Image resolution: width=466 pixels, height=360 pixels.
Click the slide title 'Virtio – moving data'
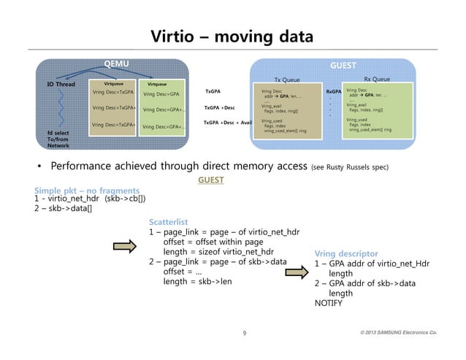[232, 36]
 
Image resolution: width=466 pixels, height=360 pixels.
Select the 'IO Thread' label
[61, 84]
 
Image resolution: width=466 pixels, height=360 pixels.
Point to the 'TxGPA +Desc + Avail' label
[227, 123]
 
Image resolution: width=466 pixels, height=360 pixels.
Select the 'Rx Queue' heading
[376, 79]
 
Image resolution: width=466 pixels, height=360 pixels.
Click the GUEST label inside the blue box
[343, 65]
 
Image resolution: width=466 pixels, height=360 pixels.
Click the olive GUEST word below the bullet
[211, 179]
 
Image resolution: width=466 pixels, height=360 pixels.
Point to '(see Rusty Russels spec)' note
[350, 166]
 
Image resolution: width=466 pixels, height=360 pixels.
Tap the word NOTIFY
[328, 302]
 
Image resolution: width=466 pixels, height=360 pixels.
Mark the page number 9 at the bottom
[244, 334]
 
